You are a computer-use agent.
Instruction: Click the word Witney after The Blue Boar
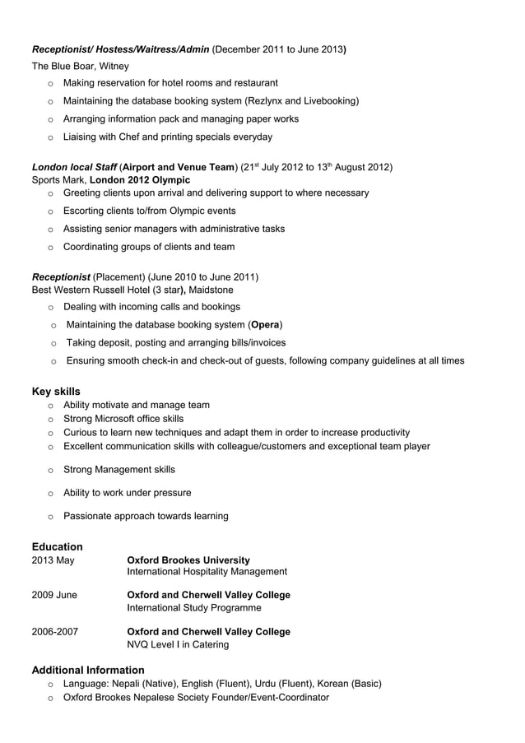click(114, 66)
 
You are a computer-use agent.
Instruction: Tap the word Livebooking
click(328, 101)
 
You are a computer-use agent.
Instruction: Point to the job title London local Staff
click(75, 167)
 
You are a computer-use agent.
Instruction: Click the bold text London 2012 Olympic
click(140, 179)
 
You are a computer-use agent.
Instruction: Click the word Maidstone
click(211, 290)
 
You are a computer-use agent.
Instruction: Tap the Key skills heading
click(56, 391)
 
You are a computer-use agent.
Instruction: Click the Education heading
click(57, 546)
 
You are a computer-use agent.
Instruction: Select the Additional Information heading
click(88, 670)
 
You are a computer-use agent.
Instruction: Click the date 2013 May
click(53, 560)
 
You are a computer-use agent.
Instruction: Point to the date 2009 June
click(54, 595)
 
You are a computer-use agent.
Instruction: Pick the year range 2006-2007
click(55, 632)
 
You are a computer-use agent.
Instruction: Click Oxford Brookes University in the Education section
click(188, 560)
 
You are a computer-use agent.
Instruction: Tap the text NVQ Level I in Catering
click(178, 645)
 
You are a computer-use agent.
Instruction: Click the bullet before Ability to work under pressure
click(51, 494)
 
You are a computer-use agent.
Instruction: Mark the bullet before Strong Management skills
click(51, 471)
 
